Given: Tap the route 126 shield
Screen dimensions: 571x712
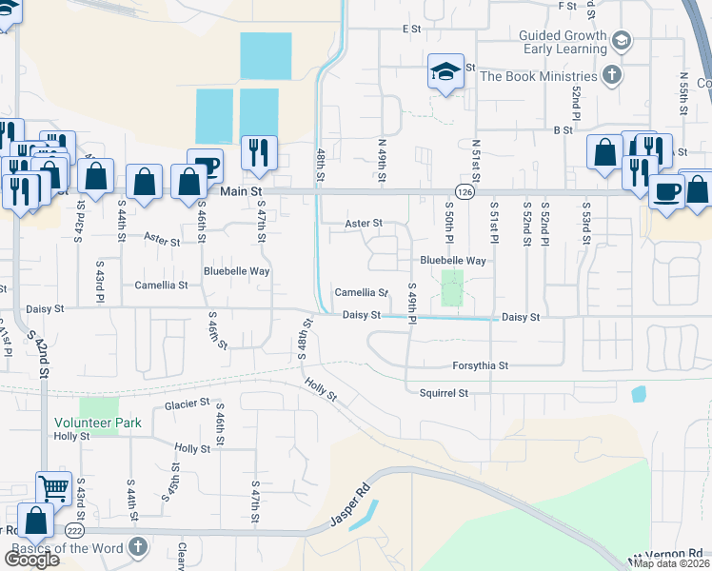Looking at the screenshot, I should coord(463,191).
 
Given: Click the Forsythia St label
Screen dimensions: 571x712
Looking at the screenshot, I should coord(481,365).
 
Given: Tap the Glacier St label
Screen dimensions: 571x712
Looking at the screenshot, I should coord(187,404).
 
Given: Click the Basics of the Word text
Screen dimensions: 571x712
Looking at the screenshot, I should coord(66,549).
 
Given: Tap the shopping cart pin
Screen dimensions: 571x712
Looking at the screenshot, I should coord(54,488).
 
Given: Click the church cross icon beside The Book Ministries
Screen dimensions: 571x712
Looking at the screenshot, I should coord(612,74).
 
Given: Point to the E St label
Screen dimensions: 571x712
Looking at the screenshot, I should coord(411,30).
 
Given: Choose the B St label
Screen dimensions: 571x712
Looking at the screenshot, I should coord(563,129).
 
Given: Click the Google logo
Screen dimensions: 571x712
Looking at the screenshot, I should coord(32,560).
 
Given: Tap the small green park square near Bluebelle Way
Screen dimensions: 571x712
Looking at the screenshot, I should coord(452,287).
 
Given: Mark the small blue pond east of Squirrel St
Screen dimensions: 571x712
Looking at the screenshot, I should coord(638,394).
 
